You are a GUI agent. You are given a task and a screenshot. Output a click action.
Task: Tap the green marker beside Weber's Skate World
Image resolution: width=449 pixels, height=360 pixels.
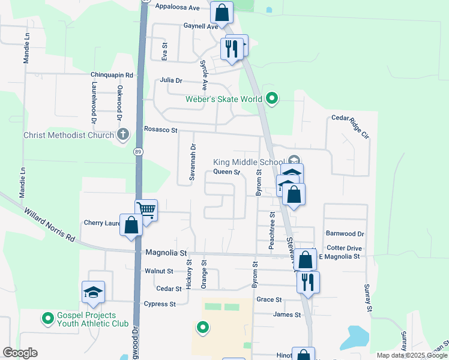tap(272, 98)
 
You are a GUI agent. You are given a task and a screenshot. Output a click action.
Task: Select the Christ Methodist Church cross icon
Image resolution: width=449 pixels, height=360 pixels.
tap(123, 134)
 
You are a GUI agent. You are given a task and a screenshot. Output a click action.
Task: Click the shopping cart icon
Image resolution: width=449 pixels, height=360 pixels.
tap(146, 210)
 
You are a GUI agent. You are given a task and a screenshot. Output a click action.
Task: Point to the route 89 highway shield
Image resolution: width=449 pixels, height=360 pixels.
tap(138, 152)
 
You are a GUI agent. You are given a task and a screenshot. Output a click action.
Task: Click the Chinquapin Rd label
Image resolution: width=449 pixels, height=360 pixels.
tap(112, 75)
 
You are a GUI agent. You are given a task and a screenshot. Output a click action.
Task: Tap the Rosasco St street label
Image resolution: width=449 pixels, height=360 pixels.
tap(161, 130)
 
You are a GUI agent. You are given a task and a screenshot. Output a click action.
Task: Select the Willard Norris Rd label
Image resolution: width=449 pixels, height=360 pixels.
tap(49, 225)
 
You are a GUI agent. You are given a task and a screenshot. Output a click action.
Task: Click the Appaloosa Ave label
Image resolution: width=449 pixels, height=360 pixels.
tap(177, 7)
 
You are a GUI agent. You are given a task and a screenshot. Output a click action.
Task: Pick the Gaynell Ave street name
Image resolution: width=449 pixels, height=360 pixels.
tap(201, 26)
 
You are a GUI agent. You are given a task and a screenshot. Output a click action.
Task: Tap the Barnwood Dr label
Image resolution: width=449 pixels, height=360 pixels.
tap(345, 233)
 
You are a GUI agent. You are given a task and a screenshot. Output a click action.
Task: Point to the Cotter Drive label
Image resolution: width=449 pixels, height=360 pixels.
tap(345, 248)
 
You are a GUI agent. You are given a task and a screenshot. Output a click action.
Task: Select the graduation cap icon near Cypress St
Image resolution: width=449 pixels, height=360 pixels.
tap(93, 292)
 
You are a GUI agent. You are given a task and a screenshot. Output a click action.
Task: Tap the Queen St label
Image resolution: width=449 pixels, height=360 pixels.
tap(227, 172)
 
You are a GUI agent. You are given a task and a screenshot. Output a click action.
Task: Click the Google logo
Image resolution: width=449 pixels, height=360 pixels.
tap(20, 353)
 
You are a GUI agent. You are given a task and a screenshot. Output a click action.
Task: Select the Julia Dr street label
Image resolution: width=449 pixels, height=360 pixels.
tap(170, 80)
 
